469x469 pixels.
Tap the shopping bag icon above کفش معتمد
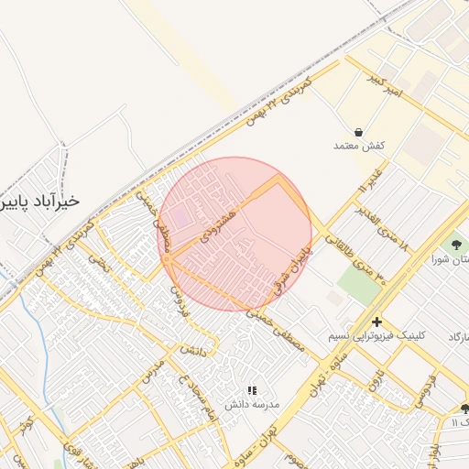(356, 131)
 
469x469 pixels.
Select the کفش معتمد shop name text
(357, 146)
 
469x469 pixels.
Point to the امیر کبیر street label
(381, 85)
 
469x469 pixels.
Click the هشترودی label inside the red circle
(220, 220)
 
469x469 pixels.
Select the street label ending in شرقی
(292, 267)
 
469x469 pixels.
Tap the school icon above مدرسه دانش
(253, 390)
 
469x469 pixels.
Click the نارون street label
(375, 375)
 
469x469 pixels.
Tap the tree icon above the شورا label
(455, 244)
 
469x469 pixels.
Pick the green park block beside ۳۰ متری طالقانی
(360, 284)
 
